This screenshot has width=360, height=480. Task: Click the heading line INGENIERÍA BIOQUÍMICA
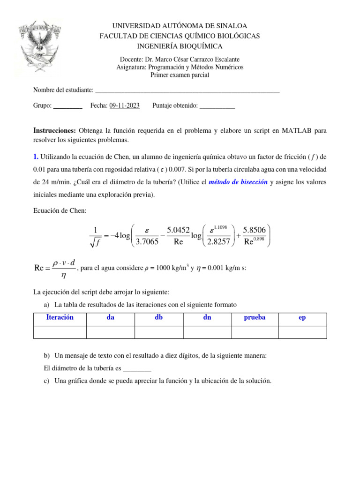[180, 46]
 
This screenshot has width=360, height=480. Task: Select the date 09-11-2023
[124, 106]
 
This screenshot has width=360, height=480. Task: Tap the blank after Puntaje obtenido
[217, 106]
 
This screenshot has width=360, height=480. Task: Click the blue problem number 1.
[35, 156]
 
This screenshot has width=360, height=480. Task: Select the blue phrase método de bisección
[238, 182]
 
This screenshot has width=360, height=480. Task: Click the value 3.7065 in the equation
[147, 242]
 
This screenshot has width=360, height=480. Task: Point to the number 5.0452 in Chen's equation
[179, 230]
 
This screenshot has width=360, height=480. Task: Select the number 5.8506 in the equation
[255, 230]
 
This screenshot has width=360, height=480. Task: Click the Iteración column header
[60, 317]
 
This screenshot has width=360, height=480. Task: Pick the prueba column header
[255, 317]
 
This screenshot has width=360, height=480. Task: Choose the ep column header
[302, 317]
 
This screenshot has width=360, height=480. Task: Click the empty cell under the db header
[158, 332]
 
